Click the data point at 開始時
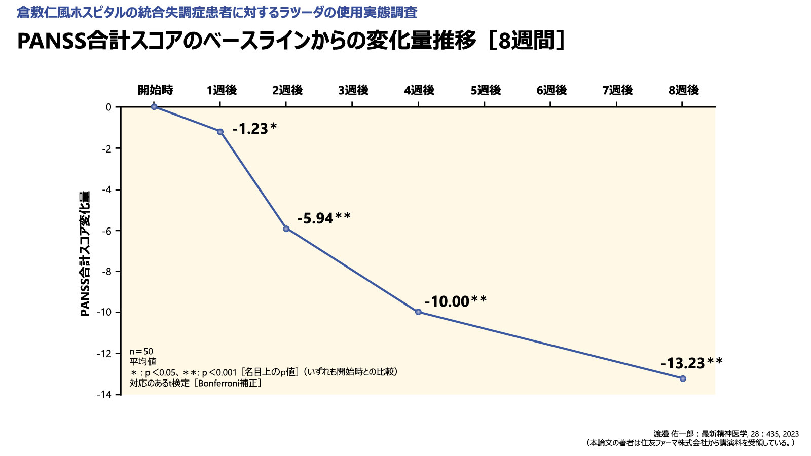click(154, 107)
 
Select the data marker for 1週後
click(220, 132)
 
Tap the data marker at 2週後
click(286, 229)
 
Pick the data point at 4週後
click(418, 312)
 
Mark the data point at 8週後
click(683, 378)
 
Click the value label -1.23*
click(254, 129)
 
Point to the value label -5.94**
click(324, 218)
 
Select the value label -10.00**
click(455, 301)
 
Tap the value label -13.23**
click(691, 363)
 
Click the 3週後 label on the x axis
click(353, 90)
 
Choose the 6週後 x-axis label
click(551, 90)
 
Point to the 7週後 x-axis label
click(617, 90)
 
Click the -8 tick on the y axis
click(106, 272)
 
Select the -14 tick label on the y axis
click(104, 394)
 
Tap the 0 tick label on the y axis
click(108, 107)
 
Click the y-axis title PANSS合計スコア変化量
click(85, 253)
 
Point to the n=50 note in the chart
click(141, 352)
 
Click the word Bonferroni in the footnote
click(220, 383)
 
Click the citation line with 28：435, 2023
click(726, 434)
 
